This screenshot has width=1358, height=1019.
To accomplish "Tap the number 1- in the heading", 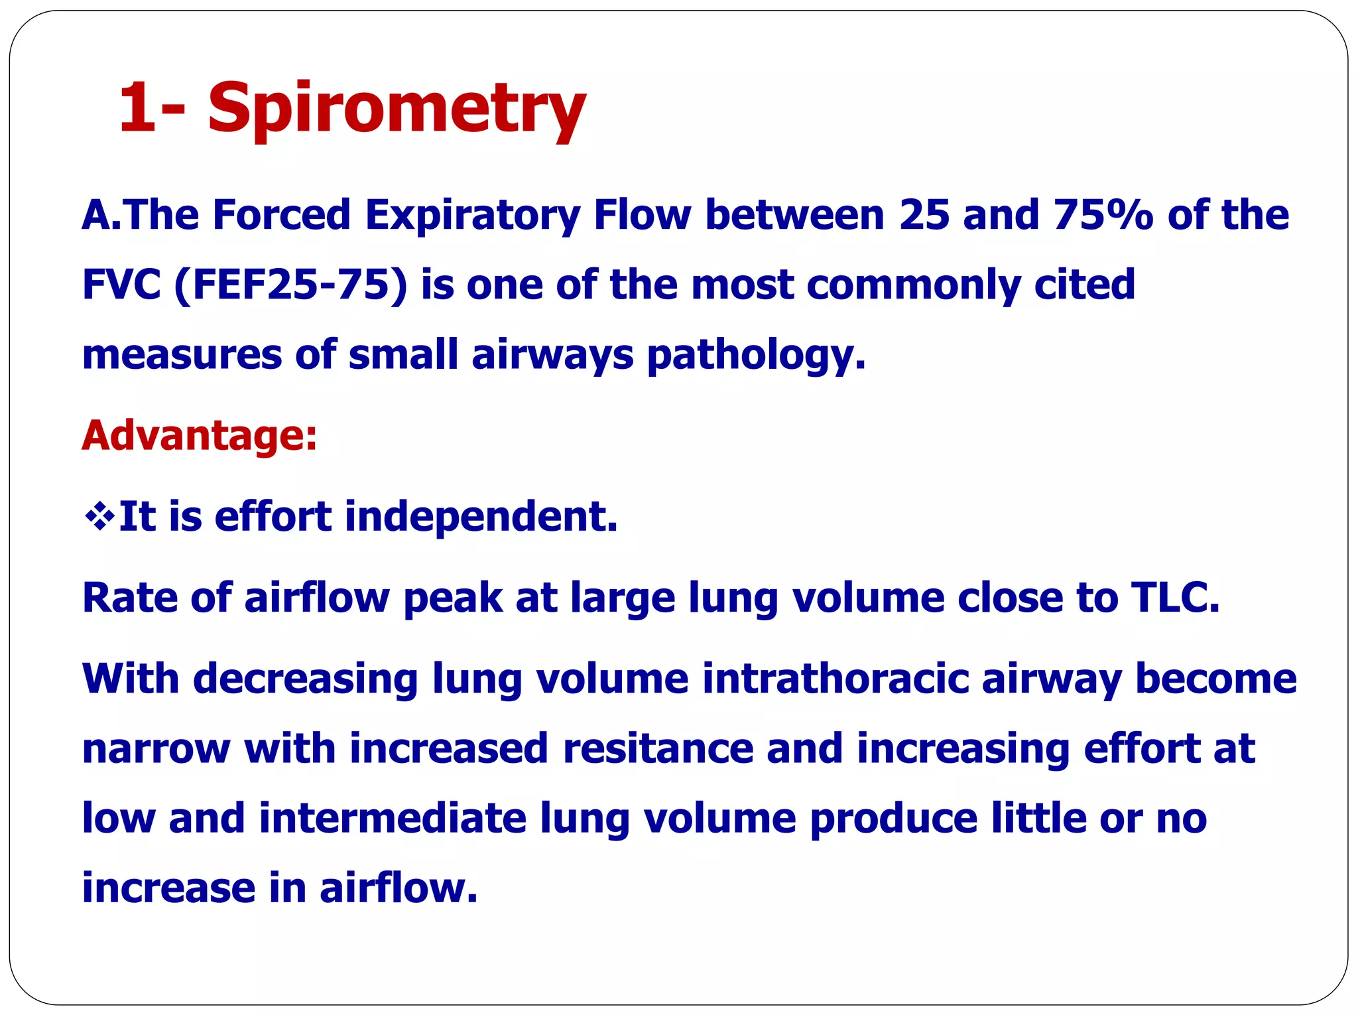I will (152, 106).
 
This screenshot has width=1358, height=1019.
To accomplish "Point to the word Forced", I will (281, 215).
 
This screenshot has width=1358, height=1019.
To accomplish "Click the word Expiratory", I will (472, 216).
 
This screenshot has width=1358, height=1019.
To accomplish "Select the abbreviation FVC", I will (121, 285).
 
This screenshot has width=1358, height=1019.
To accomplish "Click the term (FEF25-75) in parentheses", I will (290, 285).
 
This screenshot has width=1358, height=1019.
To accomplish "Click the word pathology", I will (755, 355).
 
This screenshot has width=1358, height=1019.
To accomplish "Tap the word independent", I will (481, 516).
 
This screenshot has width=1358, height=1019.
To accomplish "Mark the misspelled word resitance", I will (658, 748).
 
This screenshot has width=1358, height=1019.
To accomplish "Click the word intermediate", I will (393, 818).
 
